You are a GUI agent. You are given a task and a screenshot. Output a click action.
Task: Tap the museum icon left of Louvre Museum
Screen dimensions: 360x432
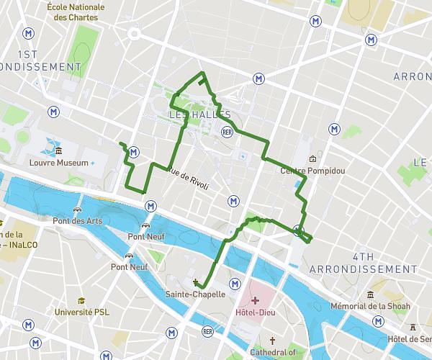pos(58,151)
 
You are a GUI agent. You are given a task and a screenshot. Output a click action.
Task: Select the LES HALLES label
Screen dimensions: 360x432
pos(199,115)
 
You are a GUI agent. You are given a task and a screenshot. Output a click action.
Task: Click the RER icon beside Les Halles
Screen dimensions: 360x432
pos(228,132)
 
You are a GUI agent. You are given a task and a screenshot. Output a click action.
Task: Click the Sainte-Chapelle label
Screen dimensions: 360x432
pos(195,294)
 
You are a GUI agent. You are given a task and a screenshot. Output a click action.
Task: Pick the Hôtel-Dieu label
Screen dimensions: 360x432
pos(255,313)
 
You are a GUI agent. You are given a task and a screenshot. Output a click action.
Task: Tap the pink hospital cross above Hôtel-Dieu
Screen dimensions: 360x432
pos(255,299)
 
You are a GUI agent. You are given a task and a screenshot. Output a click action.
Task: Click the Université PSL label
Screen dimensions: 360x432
pos(83,312)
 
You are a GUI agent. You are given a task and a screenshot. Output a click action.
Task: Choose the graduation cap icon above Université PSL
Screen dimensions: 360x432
pos(82,300)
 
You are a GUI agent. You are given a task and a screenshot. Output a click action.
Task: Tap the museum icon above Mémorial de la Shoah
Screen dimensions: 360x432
pos(370,294)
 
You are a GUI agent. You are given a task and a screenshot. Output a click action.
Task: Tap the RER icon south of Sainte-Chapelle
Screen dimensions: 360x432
pos(208,331)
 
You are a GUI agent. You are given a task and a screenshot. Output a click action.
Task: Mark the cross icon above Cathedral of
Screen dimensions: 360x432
pos(272,341)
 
